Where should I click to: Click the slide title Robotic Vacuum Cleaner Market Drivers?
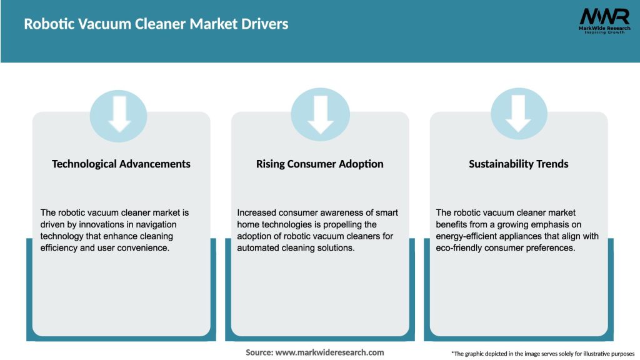[156, 24]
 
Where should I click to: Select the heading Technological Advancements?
[121, 164]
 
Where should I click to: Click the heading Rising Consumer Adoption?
[320, 164]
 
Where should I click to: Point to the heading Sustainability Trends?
[519, 164]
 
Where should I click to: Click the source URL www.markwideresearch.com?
[329, 352]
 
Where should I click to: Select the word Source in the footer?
[259, 352]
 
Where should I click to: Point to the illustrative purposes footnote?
[542, 354]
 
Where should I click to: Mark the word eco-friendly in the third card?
[459, 247]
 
